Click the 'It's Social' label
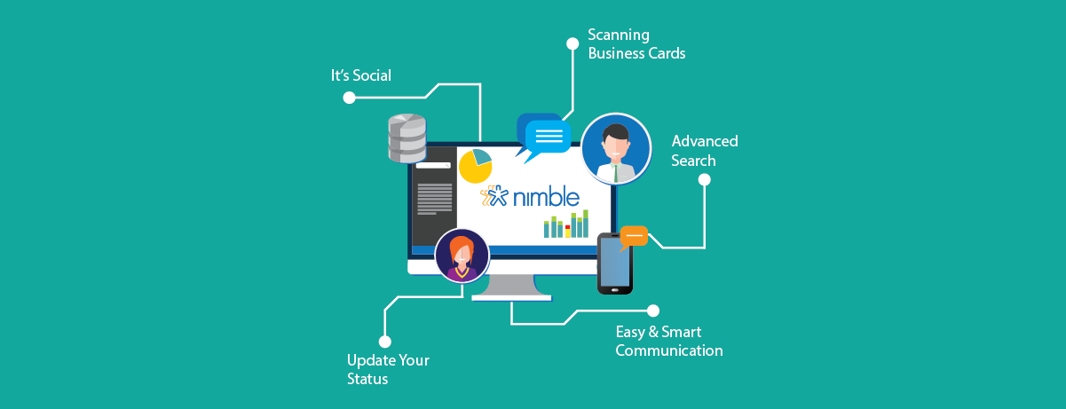[x=360, y=75]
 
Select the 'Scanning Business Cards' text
[x=636, y=44]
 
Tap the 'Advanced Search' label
[x=705, y=151]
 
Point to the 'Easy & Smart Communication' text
[x=668, y=342]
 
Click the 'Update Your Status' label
[x=388, y=370]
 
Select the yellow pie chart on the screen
[x=475, y=166]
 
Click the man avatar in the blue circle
[x=616, y=148]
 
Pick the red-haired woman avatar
[x=462, y=256]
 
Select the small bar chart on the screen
[x=566, y=225]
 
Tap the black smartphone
[x=614, y=263]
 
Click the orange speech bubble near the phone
[x=634, y=237]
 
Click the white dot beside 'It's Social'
[x=349, y=98]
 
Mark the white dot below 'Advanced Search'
[x=705, y=179]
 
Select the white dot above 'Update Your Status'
[x=384, y=341]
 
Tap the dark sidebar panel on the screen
[x=433, y=201]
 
